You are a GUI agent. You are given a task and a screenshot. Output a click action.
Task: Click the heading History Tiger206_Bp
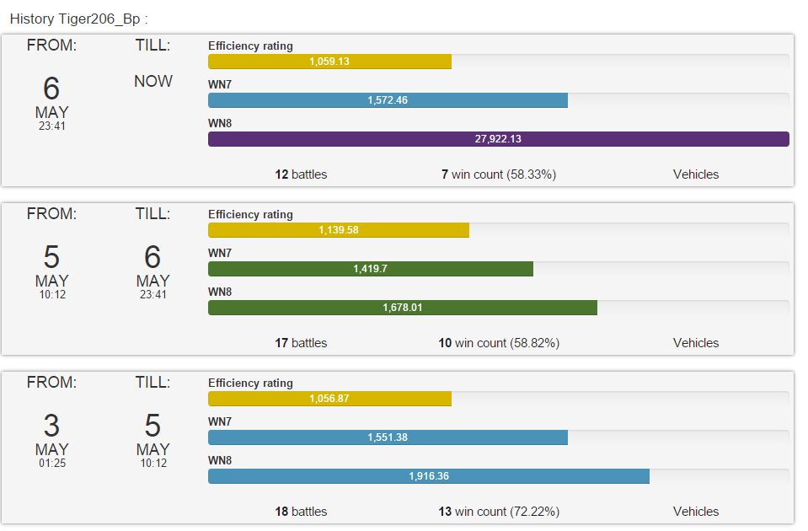tap(78, 19)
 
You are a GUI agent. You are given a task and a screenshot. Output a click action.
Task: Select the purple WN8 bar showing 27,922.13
tap(498, 139)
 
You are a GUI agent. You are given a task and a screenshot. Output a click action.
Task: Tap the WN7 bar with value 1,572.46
tap(388, 100)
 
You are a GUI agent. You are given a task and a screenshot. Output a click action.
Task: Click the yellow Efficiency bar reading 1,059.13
tap(329, 62)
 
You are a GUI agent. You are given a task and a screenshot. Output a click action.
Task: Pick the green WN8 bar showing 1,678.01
tap(402, 308)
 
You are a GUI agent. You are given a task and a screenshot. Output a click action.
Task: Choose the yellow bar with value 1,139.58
tap(338, 230)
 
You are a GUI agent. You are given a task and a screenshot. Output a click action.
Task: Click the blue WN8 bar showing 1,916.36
tap(428, 476)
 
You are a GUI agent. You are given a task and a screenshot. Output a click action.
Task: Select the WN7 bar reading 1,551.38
tap(388, 437)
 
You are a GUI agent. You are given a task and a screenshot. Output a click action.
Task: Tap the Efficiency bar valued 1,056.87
tap(329, 399)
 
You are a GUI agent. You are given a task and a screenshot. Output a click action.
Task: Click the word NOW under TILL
tap(153, 82)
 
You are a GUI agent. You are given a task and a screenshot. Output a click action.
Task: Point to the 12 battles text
tap(301, 174)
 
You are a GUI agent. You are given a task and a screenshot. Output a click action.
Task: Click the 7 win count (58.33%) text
tap(498, 174)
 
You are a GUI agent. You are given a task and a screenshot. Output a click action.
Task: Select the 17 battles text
tap(301, 343)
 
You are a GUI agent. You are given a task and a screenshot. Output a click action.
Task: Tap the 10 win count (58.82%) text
tap(498, 343)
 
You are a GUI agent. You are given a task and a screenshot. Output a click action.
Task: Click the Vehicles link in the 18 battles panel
tap(696, 512)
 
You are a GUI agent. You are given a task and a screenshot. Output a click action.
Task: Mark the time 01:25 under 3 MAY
tap(51, 464)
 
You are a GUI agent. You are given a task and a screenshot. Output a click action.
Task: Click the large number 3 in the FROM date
tap(51, 426)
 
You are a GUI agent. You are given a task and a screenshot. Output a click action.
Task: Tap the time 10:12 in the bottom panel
tap(153, 464)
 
